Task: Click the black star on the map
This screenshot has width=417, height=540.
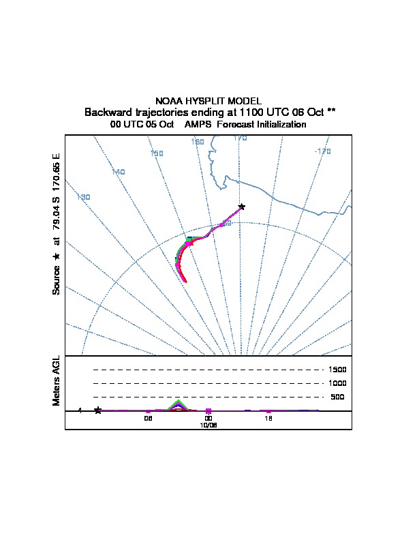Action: [241, 206]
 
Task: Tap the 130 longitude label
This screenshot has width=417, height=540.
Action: [84, 197]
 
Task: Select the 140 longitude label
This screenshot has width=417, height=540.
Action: [118, 172]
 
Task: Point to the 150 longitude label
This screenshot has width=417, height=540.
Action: [157, 153]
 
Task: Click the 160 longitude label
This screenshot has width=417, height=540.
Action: [198, 142]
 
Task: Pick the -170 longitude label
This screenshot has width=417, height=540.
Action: [323, 151]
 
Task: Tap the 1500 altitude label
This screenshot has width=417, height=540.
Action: [337, 370]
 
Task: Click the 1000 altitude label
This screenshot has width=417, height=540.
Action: [337, 383]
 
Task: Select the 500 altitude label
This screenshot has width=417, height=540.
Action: [337, 397]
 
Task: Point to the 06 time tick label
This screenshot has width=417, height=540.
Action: [148, 419]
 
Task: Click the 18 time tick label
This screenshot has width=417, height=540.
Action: [269, 419]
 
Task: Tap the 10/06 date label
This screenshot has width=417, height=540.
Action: [208, 425]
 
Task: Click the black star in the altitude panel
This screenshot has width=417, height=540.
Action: [98, 410]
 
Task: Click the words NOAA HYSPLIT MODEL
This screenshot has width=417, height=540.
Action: [208, 101]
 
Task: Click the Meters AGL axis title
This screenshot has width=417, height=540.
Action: [57, 380]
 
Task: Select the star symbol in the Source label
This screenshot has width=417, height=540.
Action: [57, 256]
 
